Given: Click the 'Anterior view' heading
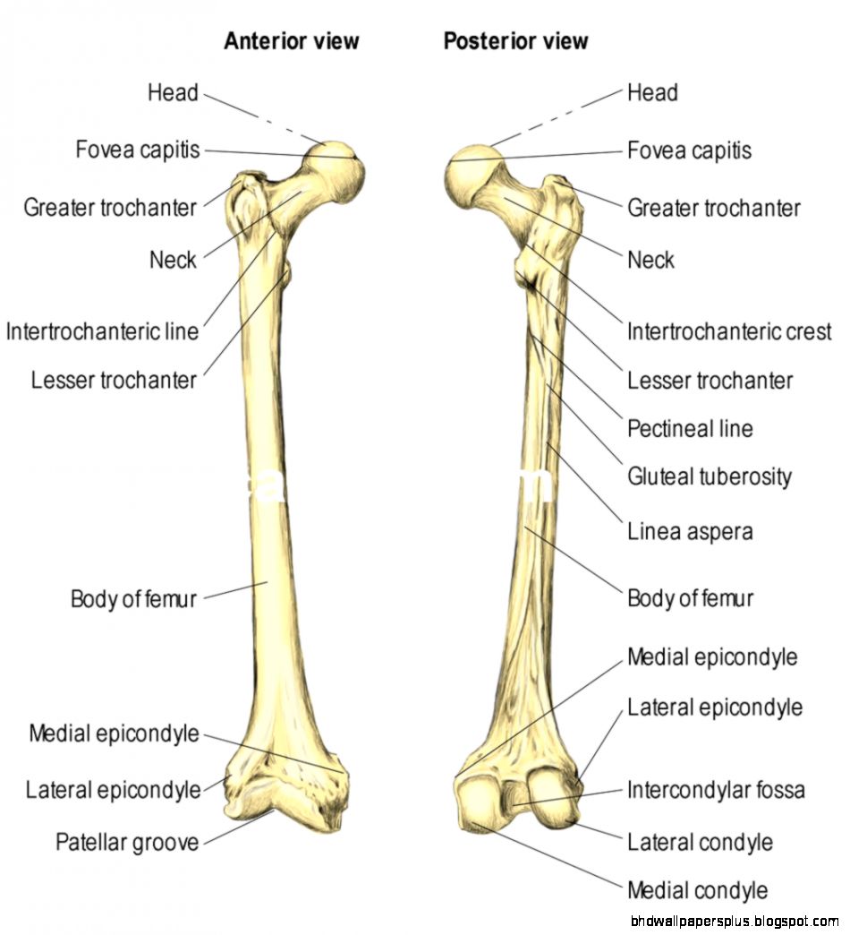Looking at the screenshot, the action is [291, 41].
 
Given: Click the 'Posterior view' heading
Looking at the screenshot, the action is [516, 41].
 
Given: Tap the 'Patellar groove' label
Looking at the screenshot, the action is [127, 842].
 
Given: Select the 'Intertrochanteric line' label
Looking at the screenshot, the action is [102, 331].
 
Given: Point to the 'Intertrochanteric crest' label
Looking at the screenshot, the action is [729, 332].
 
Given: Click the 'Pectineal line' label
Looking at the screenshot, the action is [690, 428].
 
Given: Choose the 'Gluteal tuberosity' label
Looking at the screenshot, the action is [710, 476].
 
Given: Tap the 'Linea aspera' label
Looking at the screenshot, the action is [690, 532].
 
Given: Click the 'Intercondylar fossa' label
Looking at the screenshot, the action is [716, 790].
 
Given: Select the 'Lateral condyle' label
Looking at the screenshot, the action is [700, 842].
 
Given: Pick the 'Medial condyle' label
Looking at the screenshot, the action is [697, 890].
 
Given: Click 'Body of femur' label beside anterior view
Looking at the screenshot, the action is [133, 598].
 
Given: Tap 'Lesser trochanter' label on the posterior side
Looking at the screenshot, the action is [710, 381].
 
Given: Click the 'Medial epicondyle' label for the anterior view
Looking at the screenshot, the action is [114, 734].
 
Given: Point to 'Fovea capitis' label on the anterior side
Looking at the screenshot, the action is [138, 150].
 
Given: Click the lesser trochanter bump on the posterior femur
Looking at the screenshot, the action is [527, 271].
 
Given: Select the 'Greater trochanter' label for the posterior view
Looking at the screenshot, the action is [713, 209].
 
